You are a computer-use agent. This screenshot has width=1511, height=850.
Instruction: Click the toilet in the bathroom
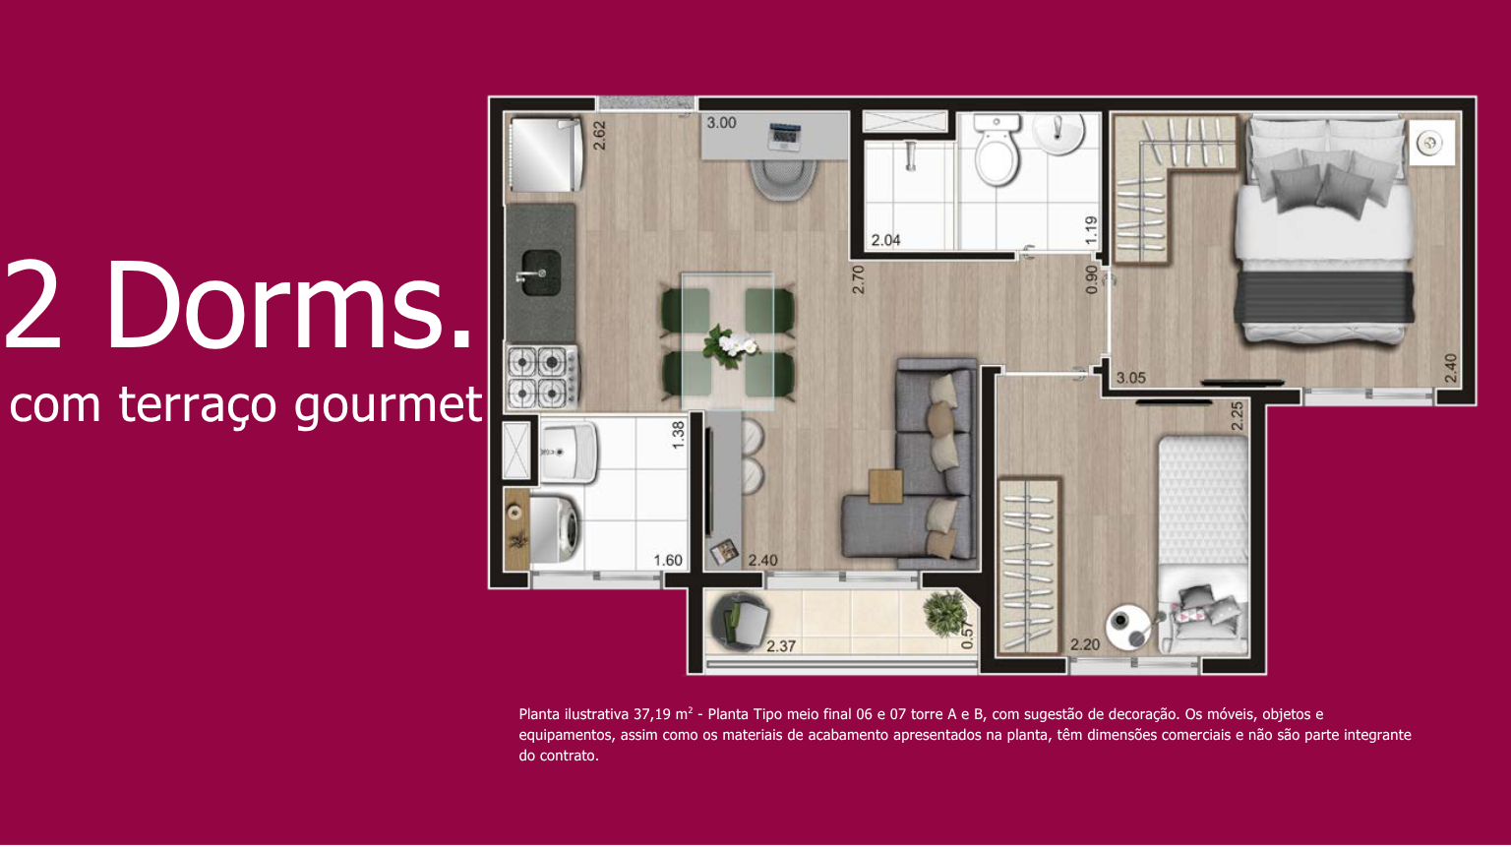[x=997, y=150]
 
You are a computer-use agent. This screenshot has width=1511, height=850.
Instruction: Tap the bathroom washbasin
[x=1059, y=132]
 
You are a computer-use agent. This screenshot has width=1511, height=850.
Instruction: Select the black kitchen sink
[x=540, y=273]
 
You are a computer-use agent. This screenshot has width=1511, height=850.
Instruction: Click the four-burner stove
[x=542, y=377]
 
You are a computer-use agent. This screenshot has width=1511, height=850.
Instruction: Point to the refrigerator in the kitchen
[x=546, y=155]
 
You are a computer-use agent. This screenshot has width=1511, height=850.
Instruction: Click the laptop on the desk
[x=784, y=137]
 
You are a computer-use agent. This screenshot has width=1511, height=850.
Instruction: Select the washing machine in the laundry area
[x=555, y=529]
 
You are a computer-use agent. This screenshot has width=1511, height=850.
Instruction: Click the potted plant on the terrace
[x=946, y=614]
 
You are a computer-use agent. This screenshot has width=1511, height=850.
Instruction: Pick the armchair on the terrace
[x=740, y=623]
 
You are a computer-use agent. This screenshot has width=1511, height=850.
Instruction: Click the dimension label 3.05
[x=1130, y=378]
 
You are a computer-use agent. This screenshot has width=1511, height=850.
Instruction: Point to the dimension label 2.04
[x=885, y=240]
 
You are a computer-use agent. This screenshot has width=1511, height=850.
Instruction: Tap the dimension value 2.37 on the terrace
[x=781, y=646]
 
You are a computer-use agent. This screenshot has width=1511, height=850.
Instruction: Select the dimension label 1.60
[x=668, y=561]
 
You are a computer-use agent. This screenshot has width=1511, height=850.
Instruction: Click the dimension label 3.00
[x=722, y=123]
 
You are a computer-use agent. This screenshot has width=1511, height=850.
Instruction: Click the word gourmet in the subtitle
[x=389, y=404]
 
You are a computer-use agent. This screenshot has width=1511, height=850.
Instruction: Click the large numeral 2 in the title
[x=33, y=304]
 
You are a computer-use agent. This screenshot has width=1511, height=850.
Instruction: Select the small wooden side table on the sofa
[x=885, y=486]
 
